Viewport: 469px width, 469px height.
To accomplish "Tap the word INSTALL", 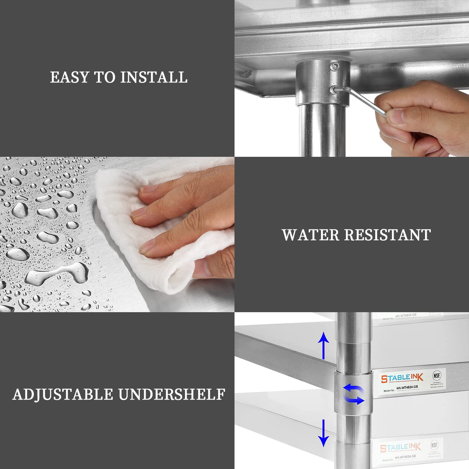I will [x=154, y=77].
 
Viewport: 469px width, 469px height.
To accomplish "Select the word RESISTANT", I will [x=387, y=235].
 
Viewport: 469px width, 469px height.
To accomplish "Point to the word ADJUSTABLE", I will [x=63, y=394].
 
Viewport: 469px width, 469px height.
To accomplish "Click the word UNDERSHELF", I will [x=172, y=394].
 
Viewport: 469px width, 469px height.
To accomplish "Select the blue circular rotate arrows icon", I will [x=353, y=394].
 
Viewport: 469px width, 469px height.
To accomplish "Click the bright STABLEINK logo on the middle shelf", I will [x=402, y=378].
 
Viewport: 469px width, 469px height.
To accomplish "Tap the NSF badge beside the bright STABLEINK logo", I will [x=437, y=375].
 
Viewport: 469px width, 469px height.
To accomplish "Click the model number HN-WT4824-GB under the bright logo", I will [x=406, y=387].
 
